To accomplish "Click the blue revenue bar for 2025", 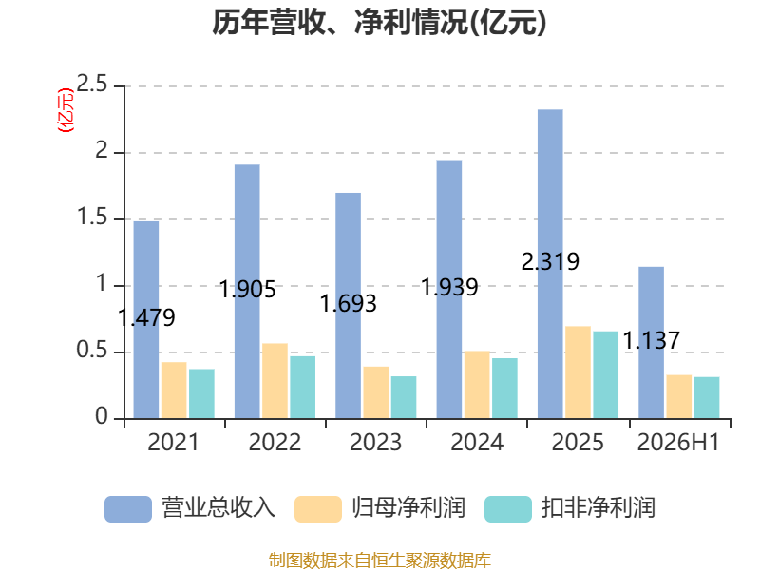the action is coord(550,264).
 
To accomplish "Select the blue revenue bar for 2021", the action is coord(146,320).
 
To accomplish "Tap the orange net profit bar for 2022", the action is coord(275,381).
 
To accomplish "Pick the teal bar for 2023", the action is coord(404,397).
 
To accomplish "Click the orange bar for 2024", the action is coord(477,385).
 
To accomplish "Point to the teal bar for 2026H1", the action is coord(707,397).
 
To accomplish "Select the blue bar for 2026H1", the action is coord(652,343).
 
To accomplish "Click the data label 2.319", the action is coord(550,262).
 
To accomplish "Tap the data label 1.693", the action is coord(348,304).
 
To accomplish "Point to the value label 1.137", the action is coord(651,340).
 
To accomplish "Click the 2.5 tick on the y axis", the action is coord(92,85).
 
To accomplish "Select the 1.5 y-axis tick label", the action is coord(92,218).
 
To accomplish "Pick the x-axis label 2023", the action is coord(375,442).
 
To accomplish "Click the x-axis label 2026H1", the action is coord(678,442).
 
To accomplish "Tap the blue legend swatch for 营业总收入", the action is coord(128,509).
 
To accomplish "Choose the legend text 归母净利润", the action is coord(408,508).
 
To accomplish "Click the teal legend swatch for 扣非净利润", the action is coord(508,509).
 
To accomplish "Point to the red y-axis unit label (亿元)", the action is coord(66,110).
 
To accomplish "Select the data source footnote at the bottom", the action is coord(380,560).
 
